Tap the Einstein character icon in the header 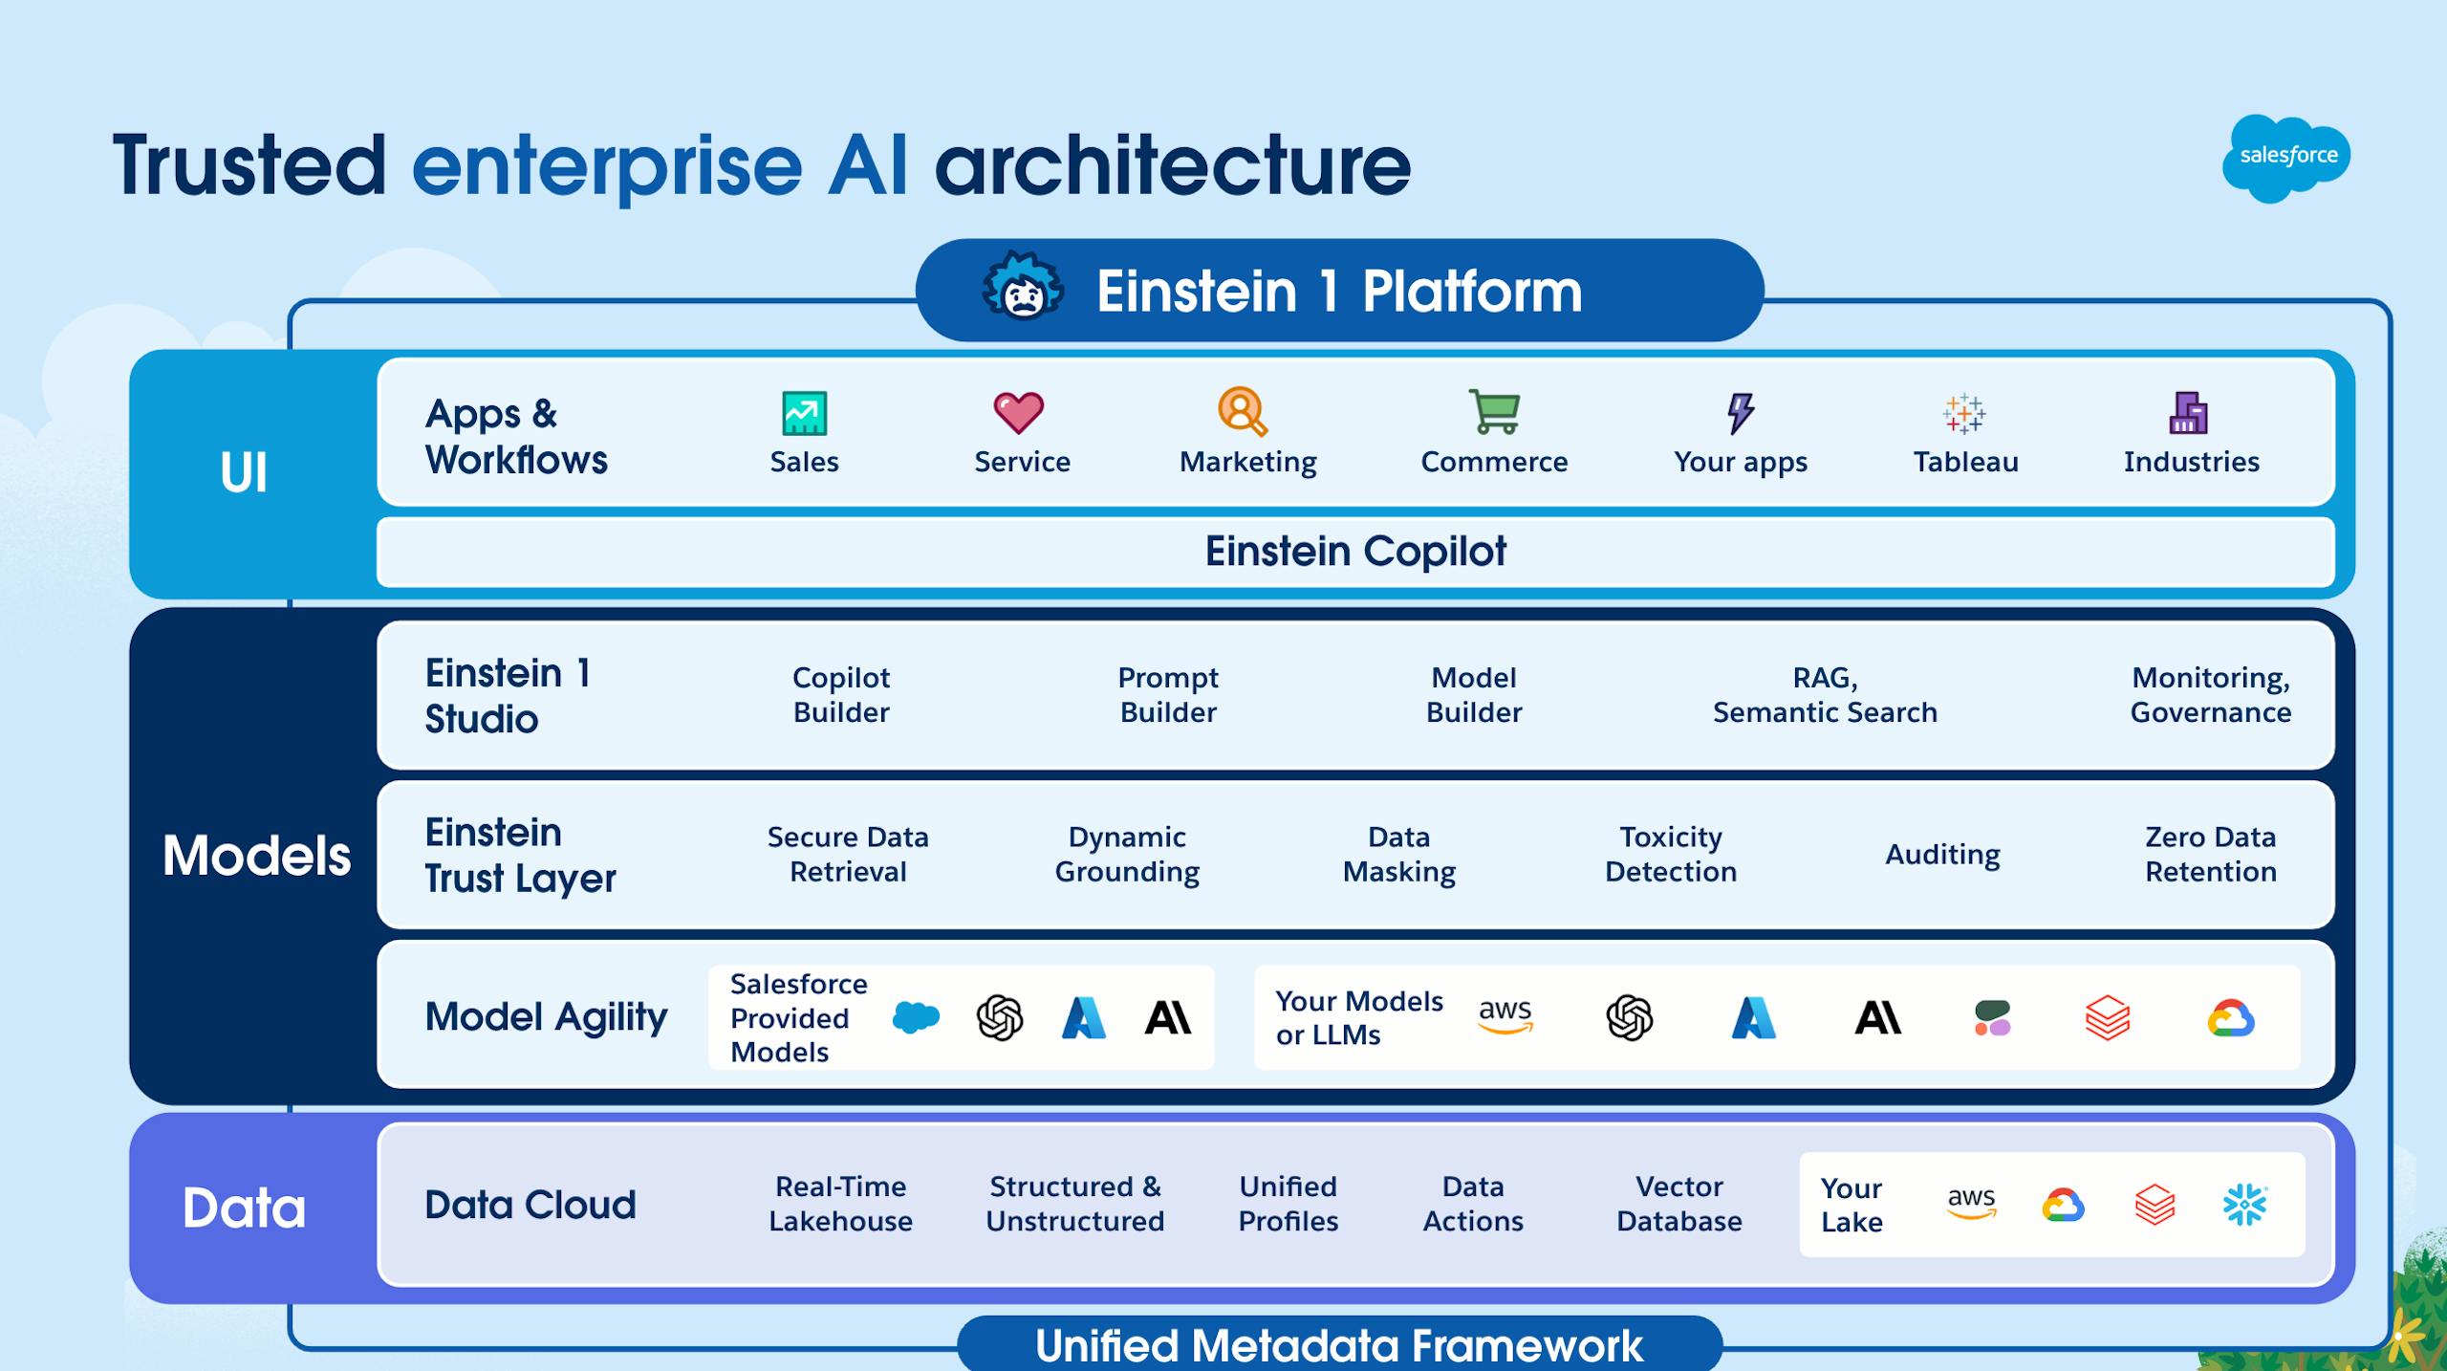pyautogui.click(x=1023, y=288)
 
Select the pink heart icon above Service pyautogui.click(x=1019, y=413)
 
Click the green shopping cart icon pyautogui.click(x=1494, y=412)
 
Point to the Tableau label pyautogui.click(x=1965, y=462)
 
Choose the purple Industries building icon pyautogui.click(x=2189, y=413)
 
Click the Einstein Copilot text pyautogui.click(x=1355, y=552)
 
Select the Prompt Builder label pyautogui.click(x=1168, y=695)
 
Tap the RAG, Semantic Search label pyautogui.click(x=1825, y=695)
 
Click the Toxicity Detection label pyautogui.click(x=1671, y=855)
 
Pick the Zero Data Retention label pyautogui.click(x=2210, y=855)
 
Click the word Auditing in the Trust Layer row pyautogui.click(x=1942, y=855)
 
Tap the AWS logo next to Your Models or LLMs pyautogui.click(x=1505, y=1015)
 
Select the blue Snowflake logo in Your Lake pyautogui.click(x=2244, y=1205)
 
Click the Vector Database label pyautogui.click(x=1678, y=1205)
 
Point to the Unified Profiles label pyautogui.click(x=1288, y=1205)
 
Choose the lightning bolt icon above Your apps pyautogui.click(x=1741, y=413)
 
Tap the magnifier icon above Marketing pyautogui.click(x=1243, y=412)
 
